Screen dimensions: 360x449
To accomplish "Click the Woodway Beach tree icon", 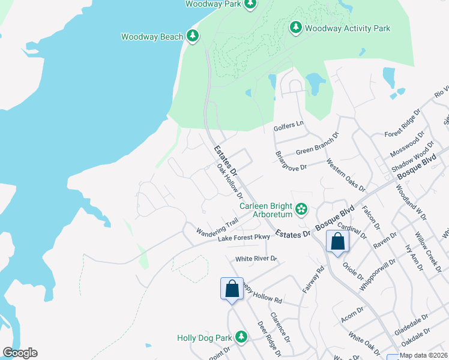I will (x=192, y=37).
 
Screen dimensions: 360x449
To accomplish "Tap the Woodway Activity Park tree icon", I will (x=295, y=28).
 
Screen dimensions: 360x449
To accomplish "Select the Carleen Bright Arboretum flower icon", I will (x=301, y=209).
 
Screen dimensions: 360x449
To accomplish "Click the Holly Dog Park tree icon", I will (x=241, y=338).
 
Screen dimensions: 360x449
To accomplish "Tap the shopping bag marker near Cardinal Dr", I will (x=337, y=242).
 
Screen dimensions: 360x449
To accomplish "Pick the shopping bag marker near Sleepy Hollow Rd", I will (x=232, y=290).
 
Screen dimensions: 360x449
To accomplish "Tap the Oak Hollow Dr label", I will (x=229, y=183).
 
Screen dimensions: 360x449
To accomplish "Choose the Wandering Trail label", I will (x=218, y=227).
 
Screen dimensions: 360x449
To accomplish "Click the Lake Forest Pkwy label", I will (x=244, y=238).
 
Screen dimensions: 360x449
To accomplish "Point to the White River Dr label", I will (x=256, y=259).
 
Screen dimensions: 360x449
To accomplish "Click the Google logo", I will (x=20, y=353).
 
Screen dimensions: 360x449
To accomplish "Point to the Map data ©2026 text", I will (x=423, y=355).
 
